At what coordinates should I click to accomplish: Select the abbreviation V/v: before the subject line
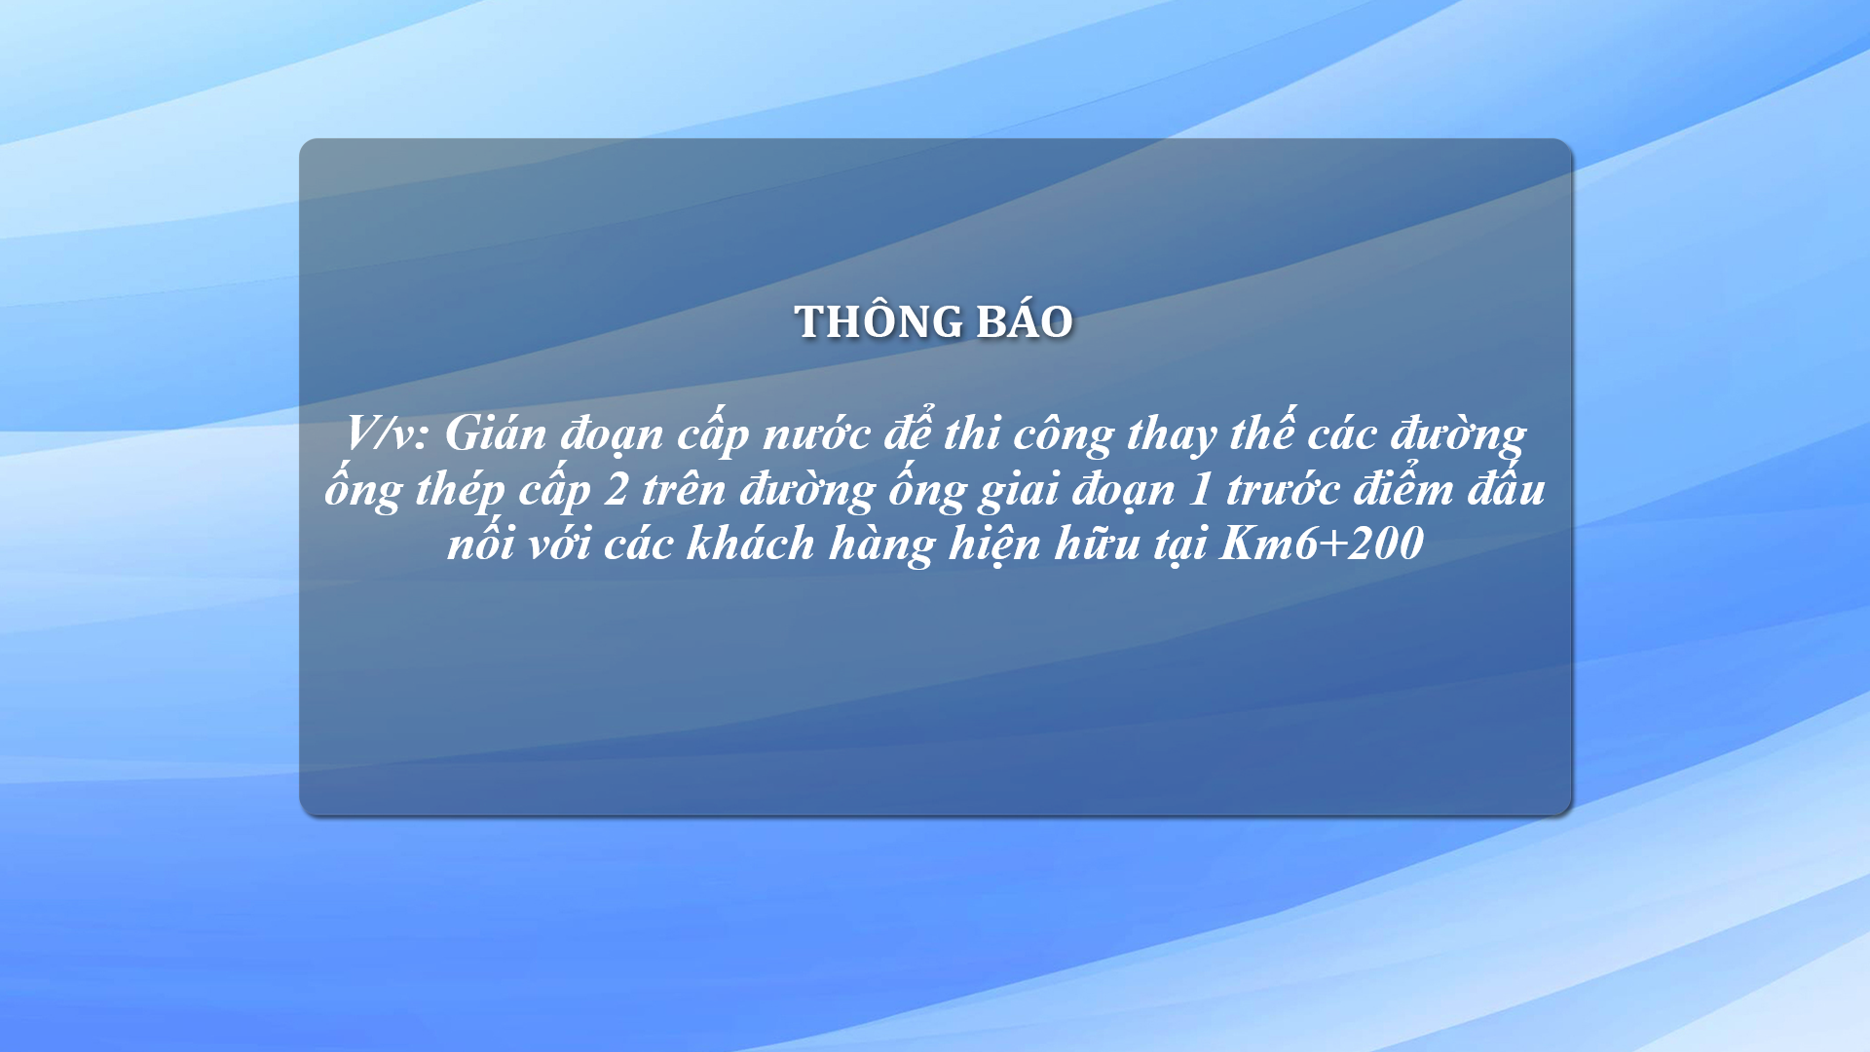(x=387, y=432)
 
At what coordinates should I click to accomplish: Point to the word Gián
(x=495, y=432)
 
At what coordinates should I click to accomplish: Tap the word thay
(x=1172, y=435)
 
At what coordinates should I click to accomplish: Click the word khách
(x=750, y=544)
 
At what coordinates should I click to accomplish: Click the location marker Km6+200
(x=1322, y=544)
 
